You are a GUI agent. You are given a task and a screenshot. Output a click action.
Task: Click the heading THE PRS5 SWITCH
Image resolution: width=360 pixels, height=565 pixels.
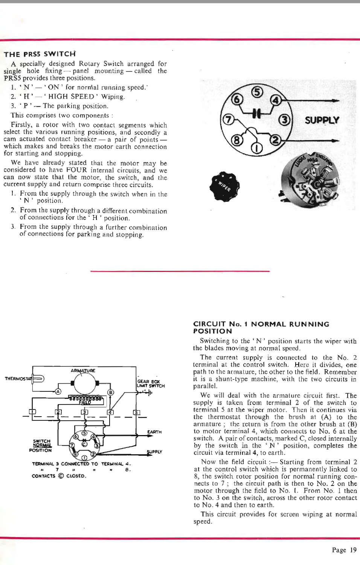[40, 54]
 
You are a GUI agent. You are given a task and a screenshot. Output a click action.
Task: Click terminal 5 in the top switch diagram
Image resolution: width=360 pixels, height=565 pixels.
[257, 92]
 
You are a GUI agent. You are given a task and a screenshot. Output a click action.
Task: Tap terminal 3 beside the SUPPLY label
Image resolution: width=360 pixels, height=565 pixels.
[284, 120]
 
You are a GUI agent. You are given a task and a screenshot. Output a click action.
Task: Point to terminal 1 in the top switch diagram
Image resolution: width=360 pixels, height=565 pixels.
[256, 148]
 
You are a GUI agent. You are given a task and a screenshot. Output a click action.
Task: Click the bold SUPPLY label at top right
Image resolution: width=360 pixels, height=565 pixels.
[322, 120]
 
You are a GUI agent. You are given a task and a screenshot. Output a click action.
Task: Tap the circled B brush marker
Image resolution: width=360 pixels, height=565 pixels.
[111, 392]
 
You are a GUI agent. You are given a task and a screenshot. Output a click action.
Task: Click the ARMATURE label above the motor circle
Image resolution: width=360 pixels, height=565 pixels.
[83, 371]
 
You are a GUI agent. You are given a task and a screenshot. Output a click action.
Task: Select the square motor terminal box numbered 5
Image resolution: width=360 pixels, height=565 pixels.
[137, 412]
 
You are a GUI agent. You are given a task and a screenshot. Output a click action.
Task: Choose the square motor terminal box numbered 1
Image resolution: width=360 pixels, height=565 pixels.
[32, 411]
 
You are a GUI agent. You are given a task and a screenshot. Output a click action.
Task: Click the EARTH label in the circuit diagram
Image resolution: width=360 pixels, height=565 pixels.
[154, 432]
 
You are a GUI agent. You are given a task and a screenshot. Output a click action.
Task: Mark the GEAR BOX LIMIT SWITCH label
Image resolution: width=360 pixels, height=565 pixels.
[150, 383]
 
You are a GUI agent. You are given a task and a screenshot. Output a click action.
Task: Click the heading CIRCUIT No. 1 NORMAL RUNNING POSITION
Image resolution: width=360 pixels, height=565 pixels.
[261, 327]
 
